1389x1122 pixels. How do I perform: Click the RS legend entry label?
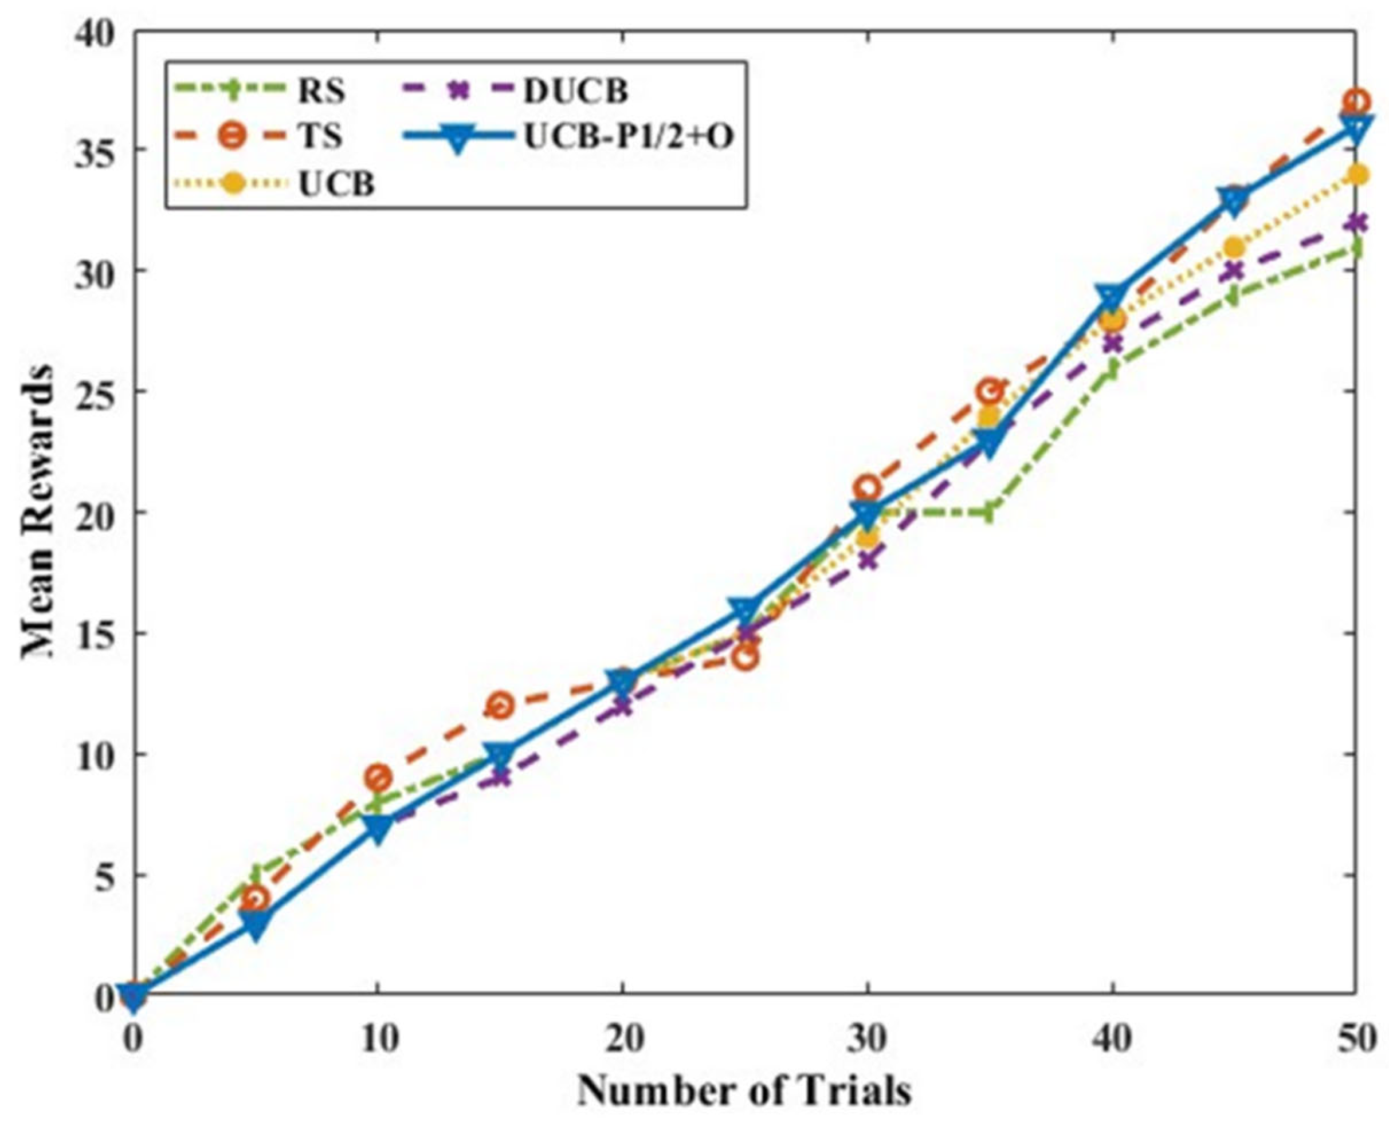[x=321, y=91]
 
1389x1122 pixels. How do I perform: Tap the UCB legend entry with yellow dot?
[x=336, y=185]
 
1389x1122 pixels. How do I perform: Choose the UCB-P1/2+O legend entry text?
[x=627, y=137]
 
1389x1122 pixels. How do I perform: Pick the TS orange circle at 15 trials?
[x=500, y=706]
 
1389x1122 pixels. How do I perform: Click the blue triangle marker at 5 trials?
[x=256, y=927]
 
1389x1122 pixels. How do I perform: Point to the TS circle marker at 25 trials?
[x=745, y=658]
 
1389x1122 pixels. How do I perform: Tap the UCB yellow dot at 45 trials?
[x=1234, y=247]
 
